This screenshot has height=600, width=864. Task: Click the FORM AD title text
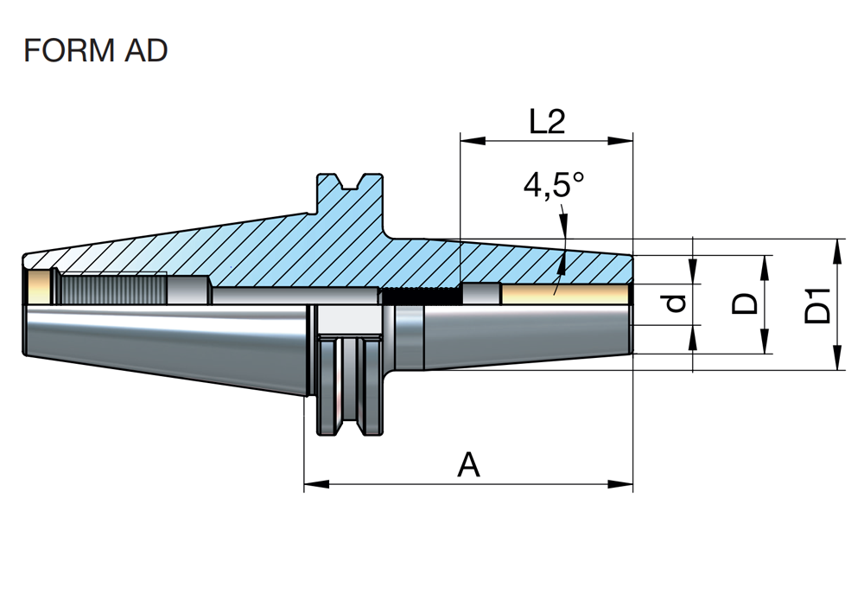click(95, 50)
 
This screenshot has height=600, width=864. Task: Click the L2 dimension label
click(547, 121)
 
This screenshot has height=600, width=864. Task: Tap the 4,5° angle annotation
click(553, 185)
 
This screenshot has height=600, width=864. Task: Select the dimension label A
click(468, 465)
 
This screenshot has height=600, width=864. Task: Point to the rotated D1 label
click(817, 305)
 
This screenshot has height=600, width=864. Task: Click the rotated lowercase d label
click(675, 303)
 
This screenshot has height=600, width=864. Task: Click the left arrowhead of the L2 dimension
click(473, 140)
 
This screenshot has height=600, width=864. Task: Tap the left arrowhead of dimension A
click(317, 484)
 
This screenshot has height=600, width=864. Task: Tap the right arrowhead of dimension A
click(619, 484)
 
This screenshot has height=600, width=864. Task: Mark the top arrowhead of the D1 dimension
click(837, 252)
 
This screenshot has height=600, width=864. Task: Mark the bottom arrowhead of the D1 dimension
click(837, 357)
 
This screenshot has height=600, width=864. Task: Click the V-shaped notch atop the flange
click(350, 181)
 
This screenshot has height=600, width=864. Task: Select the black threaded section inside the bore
click(422, 297)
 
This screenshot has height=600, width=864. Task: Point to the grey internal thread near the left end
click(113, 289)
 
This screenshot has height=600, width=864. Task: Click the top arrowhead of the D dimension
click(765, 268)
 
